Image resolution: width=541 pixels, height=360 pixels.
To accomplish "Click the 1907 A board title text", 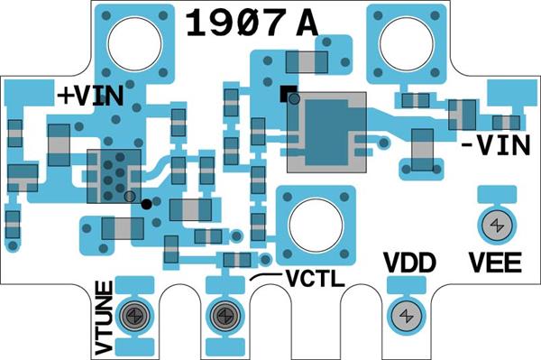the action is coord(252,23).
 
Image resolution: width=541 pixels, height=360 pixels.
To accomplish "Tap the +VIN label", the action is coord(90,96).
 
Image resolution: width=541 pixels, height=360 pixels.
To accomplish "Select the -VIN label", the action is coord(495,145).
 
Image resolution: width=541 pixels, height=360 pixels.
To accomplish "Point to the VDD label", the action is coord(410,263).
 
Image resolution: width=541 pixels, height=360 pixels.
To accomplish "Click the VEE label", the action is coord(495,263).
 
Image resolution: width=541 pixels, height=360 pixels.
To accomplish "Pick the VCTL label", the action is coord(315,278).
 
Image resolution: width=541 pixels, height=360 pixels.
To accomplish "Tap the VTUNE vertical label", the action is coord(105,318).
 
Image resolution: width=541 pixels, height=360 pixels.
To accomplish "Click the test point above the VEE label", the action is coord(497,226).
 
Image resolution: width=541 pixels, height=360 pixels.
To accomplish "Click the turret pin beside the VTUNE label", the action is coord(134,315).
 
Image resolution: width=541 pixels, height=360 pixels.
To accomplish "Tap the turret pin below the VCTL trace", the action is coord(225,315).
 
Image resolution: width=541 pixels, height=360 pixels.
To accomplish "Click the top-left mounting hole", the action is coord(134,44).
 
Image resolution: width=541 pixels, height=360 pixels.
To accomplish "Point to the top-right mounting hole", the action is coord(406,44).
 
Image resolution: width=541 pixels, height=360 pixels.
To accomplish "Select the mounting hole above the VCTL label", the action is coord(316,226).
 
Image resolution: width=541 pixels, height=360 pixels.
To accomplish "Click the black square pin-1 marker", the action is coord(289,94).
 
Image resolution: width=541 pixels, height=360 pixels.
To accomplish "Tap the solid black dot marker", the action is coord(146,204).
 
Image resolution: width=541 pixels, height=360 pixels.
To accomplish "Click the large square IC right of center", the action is coord(326,133).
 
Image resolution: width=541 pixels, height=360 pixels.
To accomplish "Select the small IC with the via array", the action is coord(114,176).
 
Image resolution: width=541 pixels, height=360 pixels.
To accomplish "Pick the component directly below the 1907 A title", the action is coord(307,62).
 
